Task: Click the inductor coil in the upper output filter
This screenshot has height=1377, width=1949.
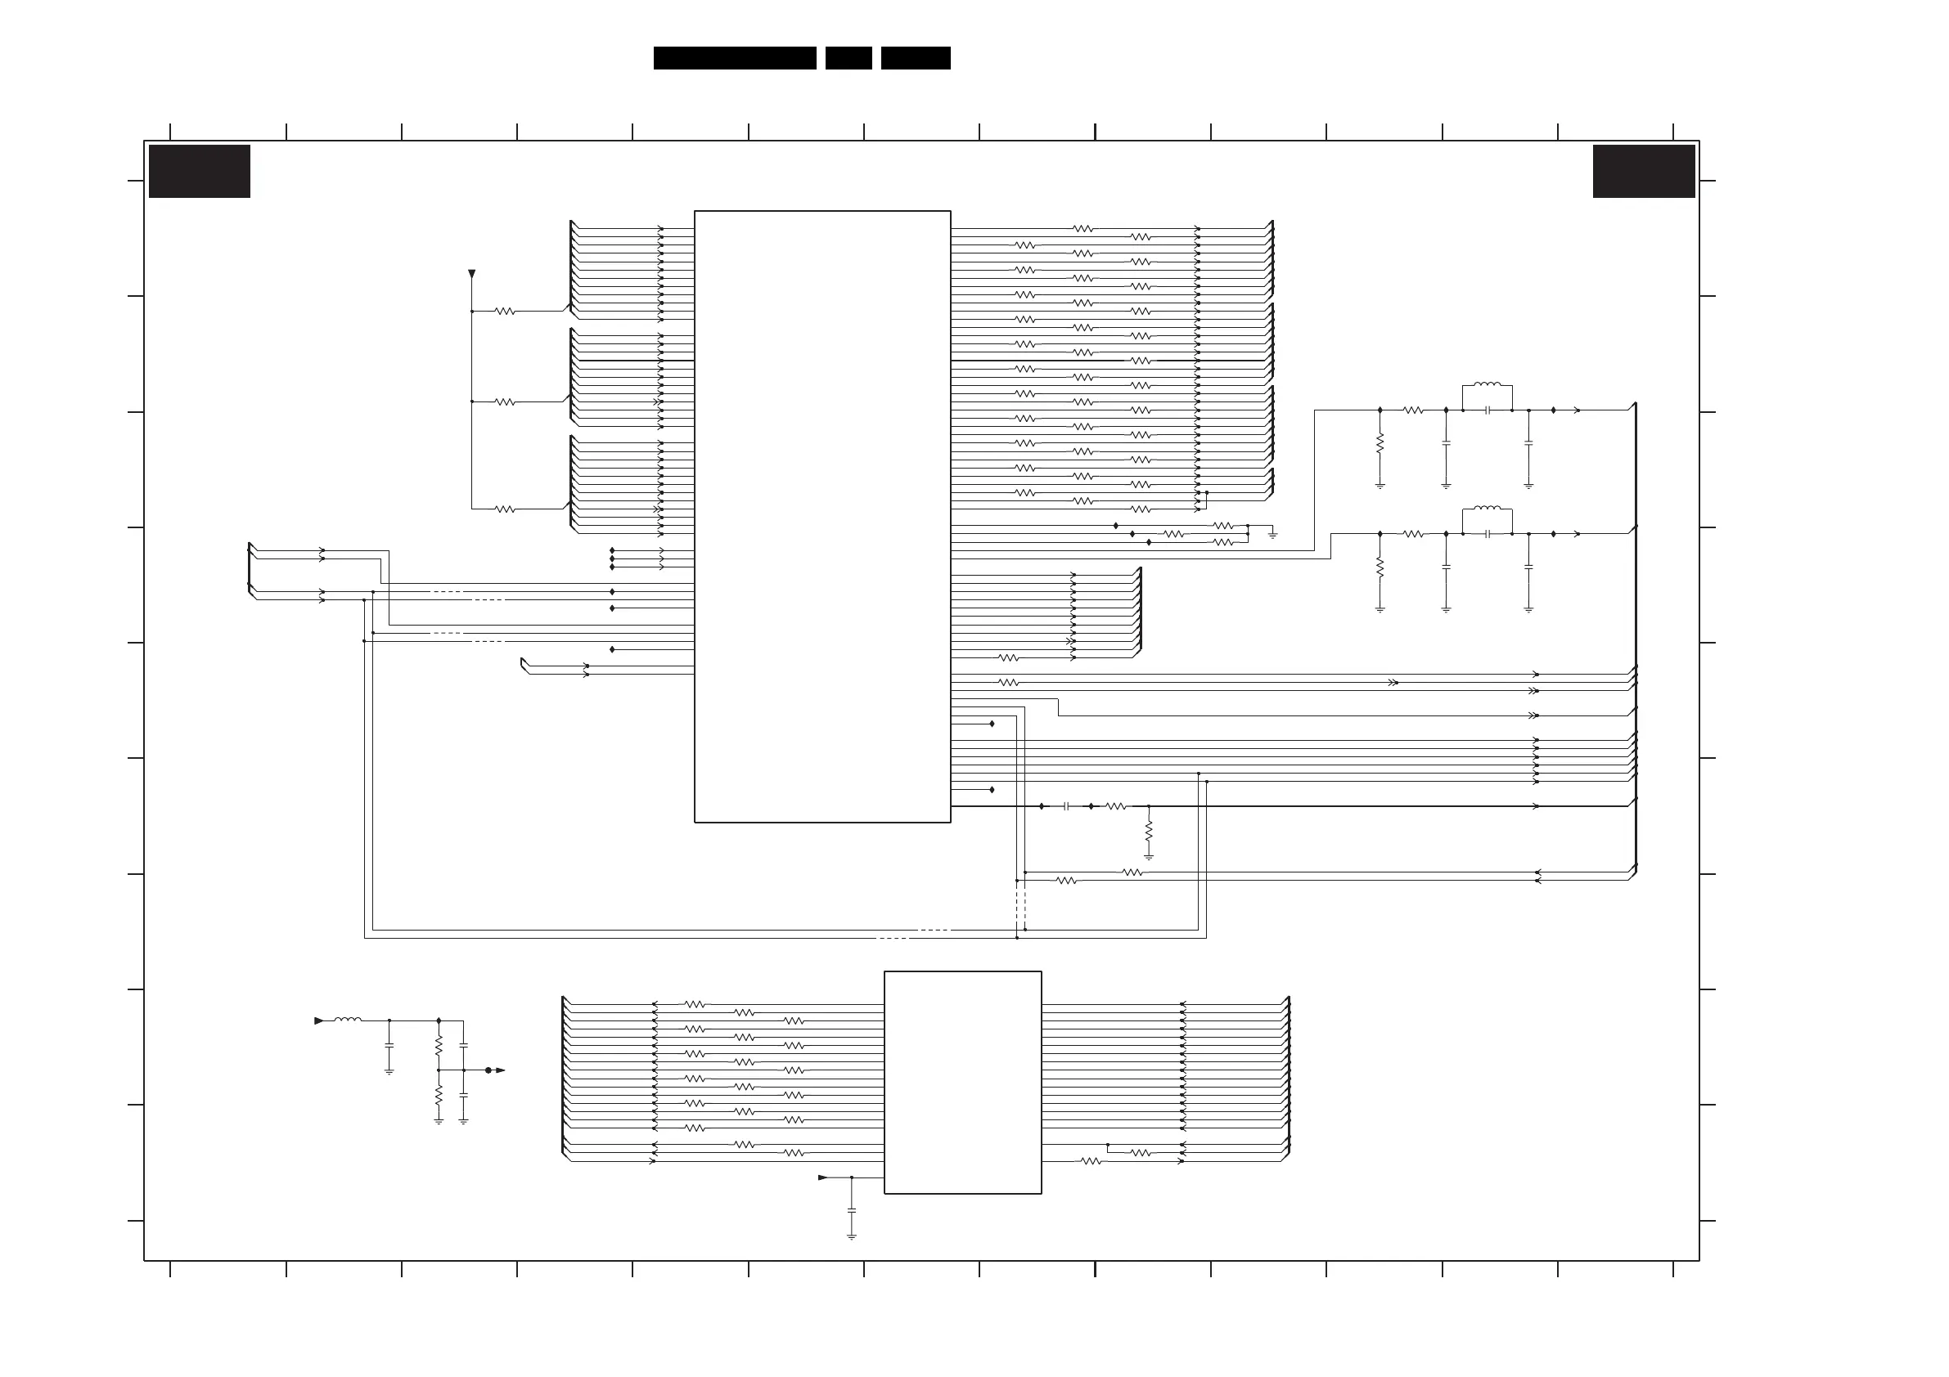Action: coord(1488,384)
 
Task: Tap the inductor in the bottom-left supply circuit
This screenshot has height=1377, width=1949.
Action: coord(348,1020)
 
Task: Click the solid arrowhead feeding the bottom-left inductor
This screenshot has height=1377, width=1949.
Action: coord(319,1020)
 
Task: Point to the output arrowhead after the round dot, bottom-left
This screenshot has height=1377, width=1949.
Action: coord(500,1070)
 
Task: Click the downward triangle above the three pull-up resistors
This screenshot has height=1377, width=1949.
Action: coord(472,274)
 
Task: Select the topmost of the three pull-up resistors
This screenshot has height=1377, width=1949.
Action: coord(505,312)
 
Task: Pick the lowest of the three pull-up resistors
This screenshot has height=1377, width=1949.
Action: coord(505,509)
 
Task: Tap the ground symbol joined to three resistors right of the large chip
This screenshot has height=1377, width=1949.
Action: coord(1272,536)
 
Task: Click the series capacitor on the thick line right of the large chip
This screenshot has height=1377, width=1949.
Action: coord(1066,806)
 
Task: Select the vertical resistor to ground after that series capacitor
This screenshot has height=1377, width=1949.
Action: coord(1149,829)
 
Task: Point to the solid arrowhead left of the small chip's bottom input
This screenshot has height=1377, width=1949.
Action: coord(822,1177)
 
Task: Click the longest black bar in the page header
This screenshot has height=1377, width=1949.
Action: coord(734,58)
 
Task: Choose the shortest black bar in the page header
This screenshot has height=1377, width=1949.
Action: coord(848,58)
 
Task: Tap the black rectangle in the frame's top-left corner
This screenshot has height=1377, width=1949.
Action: coord(200,172)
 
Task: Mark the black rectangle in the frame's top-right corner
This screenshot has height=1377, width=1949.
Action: coord(1644,172)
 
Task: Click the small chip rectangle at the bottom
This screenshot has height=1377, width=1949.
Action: coord(962,1083)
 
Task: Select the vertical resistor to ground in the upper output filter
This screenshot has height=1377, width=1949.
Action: coord(1380,443)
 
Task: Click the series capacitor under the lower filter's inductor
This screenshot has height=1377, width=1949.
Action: coord(1488,534)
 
